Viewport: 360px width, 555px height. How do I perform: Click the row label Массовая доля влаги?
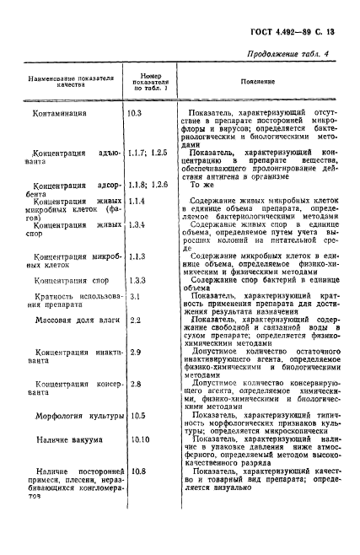coord(73,321)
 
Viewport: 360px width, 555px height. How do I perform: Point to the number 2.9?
coord(133,352)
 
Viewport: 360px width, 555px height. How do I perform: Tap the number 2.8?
coord(133,384)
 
